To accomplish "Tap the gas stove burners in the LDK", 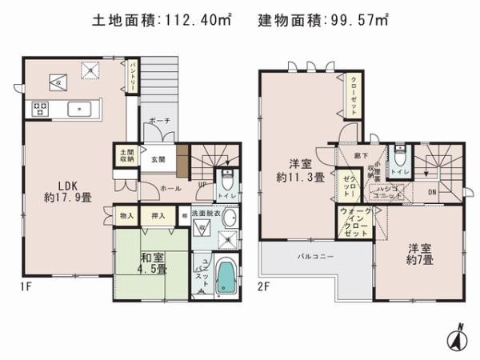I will [x=40, y=108].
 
